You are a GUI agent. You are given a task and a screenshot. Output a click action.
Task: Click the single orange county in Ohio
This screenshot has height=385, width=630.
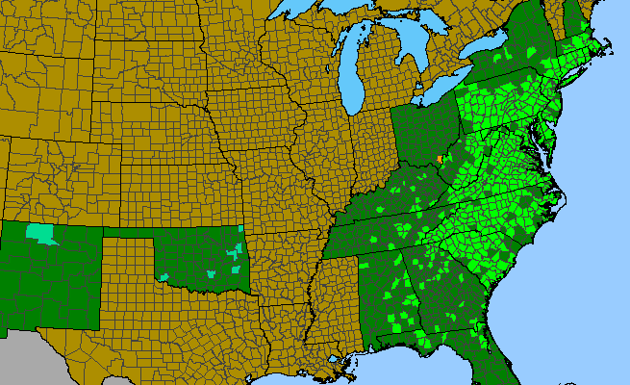[x=439, y=159]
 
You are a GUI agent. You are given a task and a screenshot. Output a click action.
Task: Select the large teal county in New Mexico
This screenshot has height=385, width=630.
[x=41, y=234]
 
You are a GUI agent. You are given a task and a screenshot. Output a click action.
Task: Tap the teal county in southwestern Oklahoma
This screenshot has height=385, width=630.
[x=166, y=277]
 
